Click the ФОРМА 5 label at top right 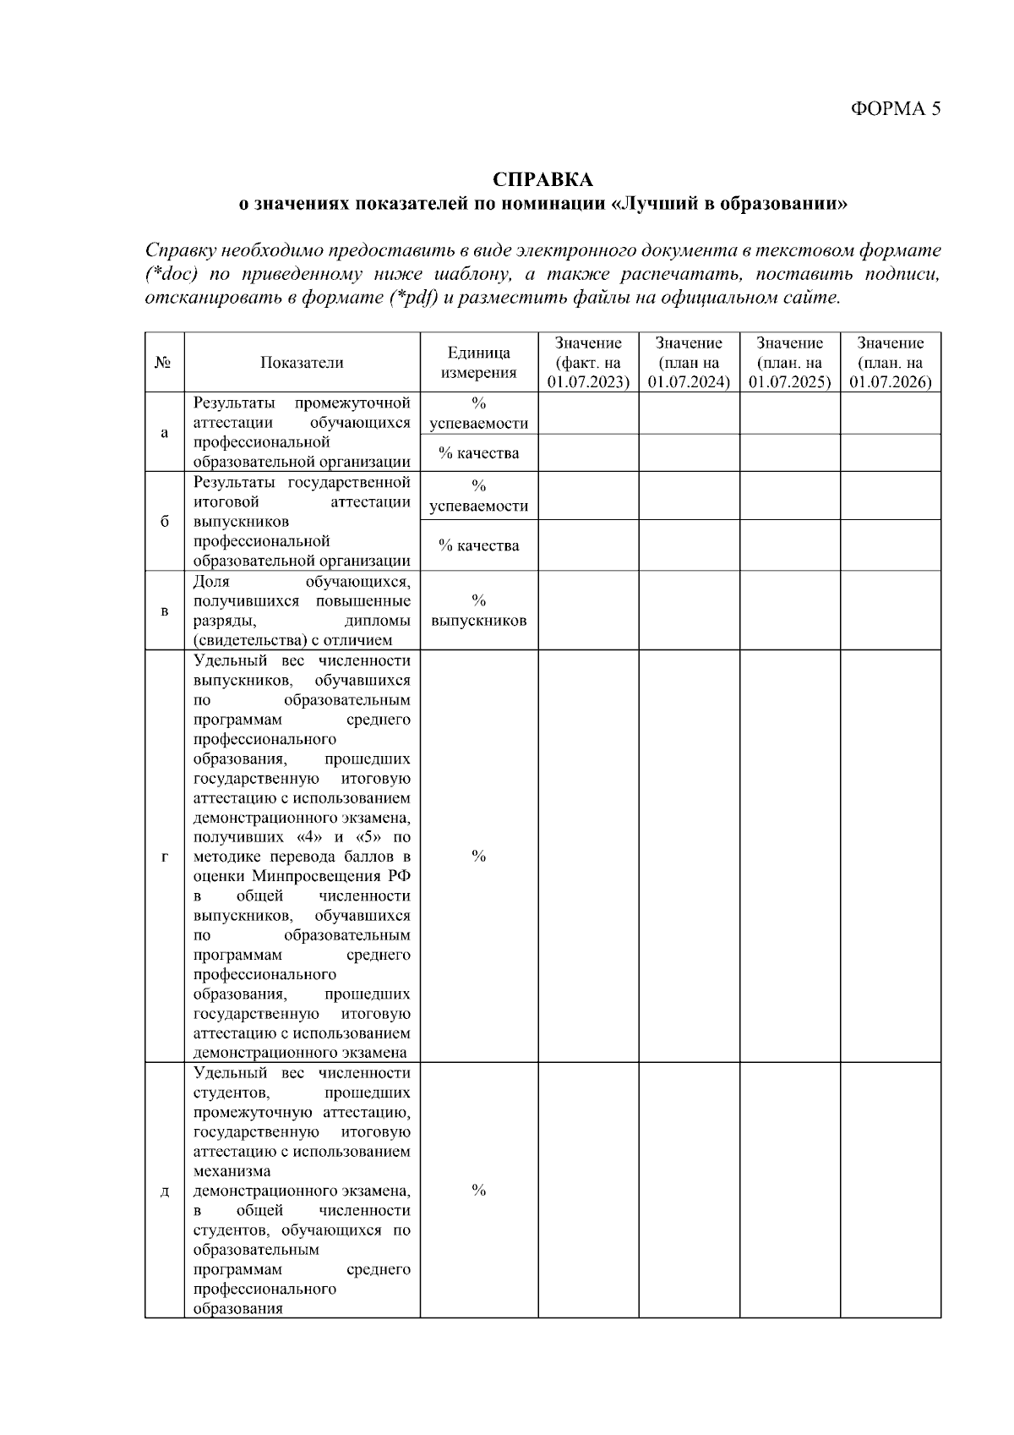(x=894, y=108)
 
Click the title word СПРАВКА (x=542, y=180)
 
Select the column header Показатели (x=302, y=363)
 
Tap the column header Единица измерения (x=478, y=363)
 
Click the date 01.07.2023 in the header (x=588, y=382)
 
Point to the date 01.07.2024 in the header (x=689, y=382)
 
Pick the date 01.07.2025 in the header (x=789, y=382)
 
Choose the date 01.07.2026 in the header (x=890, y=382)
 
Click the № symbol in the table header (x=164, y=363)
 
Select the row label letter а (x=164, y=432)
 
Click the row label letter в (x=164, y=611)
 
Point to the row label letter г (x=164, y=857)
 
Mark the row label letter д (x=164, y=1191)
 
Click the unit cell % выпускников (x=478, y=611)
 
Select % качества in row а (x=478, y=453)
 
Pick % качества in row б (x=478, y=545)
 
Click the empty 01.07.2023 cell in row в (x=588, y=611)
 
